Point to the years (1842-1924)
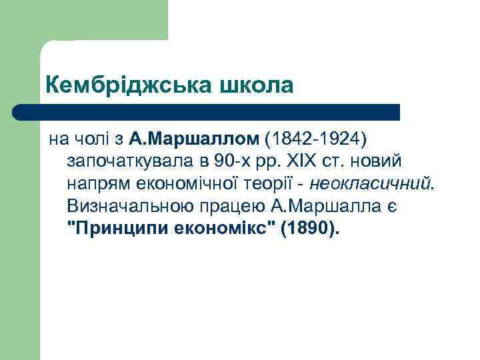(x=315, y=139)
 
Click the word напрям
(x=96, y=185)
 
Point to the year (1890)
(x=310, y=230)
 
